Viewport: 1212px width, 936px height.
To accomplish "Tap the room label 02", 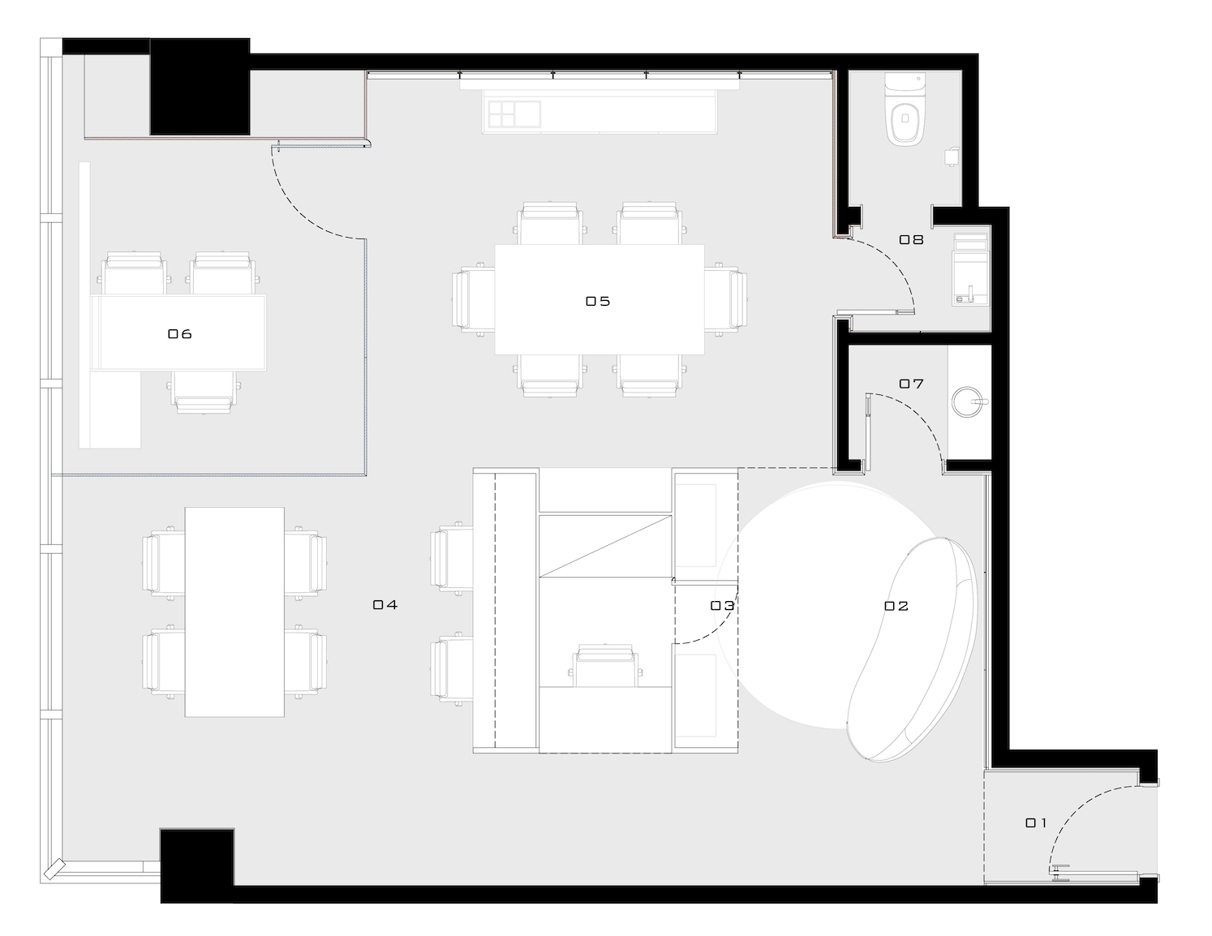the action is tap(896, 605).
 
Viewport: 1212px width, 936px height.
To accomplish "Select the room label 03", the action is tap(722, 605).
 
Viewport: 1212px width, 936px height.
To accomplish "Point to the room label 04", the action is tap(385, 604).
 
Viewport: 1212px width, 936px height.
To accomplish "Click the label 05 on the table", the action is tap(598, 301).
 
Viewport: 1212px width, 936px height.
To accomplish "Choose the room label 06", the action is tap(179, 333).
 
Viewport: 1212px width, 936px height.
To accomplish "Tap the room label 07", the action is tap(911, 383).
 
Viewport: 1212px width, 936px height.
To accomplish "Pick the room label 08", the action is tap(911, 239).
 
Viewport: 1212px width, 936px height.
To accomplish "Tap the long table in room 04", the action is tap(234, 612).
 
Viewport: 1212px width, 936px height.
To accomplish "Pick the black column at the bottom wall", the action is tap(197, 864).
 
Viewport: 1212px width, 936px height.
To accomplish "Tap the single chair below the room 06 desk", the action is tap(204, 392).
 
